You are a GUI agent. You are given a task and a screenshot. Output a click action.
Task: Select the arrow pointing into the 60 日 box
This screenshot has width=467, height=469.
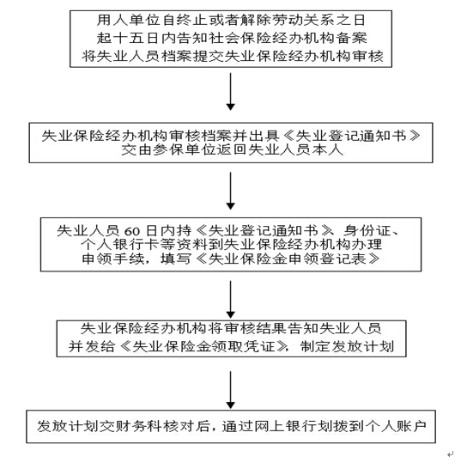pyautogui.click(x=230, y=189)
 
